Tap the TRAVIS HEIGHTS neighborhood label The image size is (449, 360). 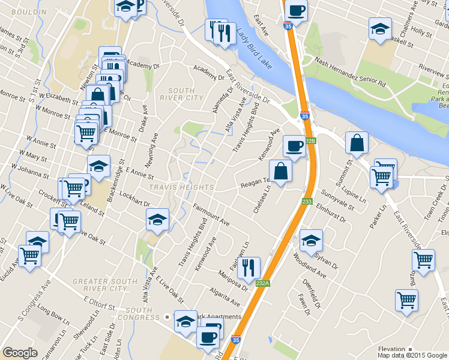[181, 187]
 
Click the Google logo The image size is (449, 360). [20, 353]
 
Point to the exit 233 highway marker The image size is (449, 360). [307, 202]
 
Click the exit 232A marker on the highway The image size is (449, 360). [262, 283]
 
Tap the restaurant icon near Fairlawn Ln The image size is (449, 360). [249, 267]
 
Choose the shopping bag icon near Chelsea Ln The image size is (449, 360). [281, 170]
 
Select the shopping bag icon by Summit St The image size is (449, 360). [357, 143]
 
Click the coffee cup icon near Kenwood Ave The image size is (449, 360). [295, 145]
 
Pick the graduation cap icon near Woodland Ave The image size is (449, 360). [310, 240]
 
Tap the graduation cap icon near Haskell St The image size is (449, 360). [380, 29]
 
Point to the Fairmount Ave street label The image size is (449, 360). [211, 215]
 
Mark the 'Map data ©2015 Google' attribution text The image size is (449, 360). [411, 355]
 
